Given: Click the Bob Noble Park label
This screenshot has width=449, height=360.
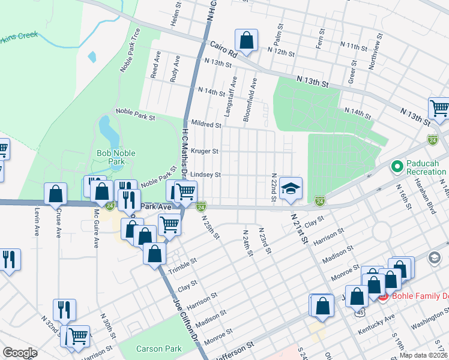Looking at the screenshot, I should coord(116,157).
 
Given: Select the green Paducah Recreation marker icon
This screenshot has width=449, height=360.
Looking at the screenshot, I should coord(396,166).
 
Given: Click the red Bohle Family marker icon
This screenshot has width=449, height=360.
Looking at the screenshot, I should coord(384,296).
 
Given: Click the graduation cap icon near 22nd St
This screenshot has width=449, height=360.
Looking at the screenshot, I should coord(291,189).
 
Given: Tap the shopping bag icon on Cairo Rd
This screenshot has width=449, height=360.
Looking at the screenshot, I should coord(246,41).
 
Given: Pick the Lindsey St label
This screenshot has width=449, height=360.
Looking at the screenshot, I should coord(206,175).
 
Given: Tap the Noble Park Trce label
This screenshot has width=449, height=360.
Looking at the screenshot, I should coord(130,50).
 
